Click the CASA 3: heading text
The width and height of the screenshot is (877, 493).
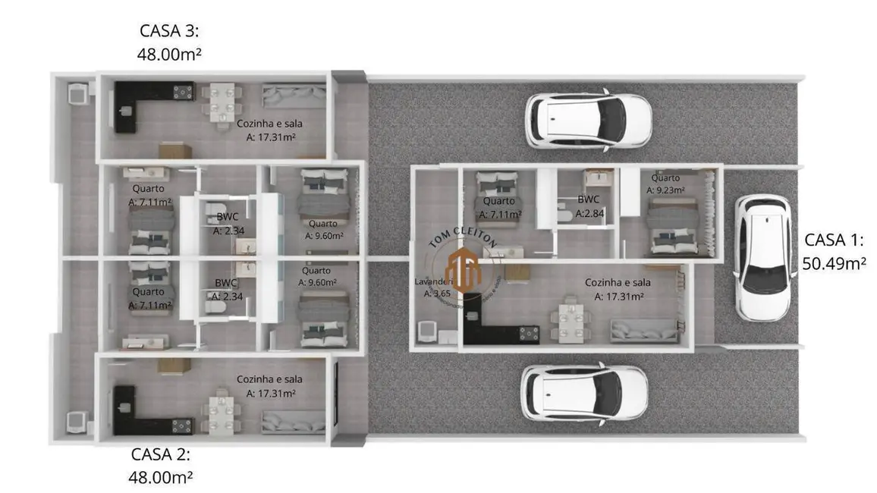pyautogui.click(x=170, y=30)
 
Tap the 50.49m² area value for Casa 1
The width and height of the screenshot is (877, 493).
pyautogui.click(x=834, y=263)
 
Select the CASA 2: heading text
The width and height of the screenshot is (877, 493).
pyautogui.click(x=161, y=454)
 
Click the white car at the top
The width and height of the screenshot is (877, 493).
pyautogui.click(x=588, y=119)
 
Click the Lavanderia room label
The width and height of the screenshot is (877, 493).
pyautogui.click(x=434, y=281)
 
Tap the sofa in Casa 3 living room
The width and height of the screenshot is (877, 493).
pyautogui.click(x=293, y=96)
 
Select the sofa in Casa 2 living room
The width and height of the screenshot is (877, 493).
pyautogui.click(x=294, y=421)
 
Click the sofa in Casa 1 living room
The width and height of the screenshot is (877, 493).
pyautogui.click(x=643, y=330)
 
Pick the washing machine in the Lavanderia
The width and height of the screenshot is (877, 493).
pyautogui.click(x=426, y=331)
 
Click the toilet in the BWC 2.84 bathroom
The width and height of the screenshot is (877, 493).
pyautogui.click(x=564, y=215)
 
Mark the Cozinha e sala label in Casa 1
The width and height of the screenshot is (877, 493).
pyautogui.click(x=618, y=282)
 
